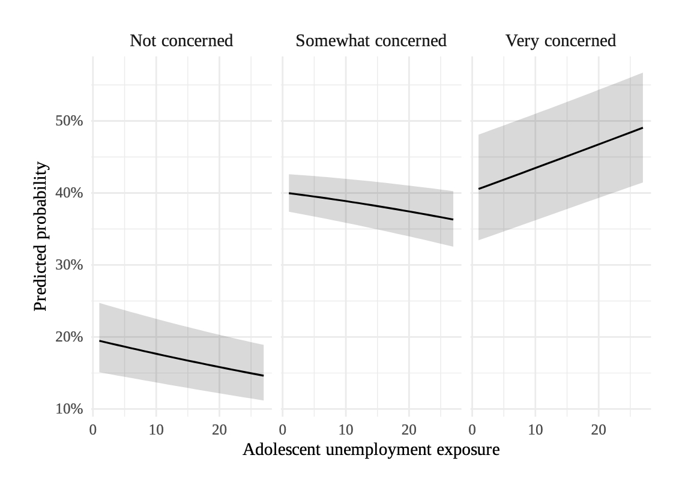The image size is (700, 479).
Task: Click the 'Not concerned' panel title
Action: tap(181, 41)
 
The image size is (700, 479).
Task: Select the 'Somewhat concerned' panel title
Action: tap(371, 41)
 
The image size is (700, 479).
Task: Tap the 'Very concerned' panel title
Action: tap(561, 41)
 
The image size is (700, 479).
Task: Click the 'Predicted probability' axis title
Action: tap(40, 236)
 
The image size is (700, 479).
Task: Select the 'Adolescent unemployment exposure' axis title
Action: tap(371, 450)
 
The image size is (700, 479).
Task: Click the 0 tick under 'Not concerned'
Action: tap(93, 430)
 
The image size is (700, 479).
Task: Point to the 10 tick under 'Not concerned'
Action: tap(156, 430)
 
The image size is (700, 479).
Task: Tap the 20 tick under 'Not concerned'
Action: tap(219, 430)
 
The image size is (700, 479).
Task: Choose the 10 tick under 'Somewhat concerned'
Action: tap(346, 430)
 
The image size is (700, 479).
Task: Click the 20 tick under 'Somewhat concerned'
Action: tap(409, 430)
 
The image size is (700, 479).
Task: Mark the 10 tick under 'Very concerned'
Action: tap(536, 430)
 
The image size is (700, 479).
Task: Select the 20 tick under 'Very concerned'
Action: tap(599, 430)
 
